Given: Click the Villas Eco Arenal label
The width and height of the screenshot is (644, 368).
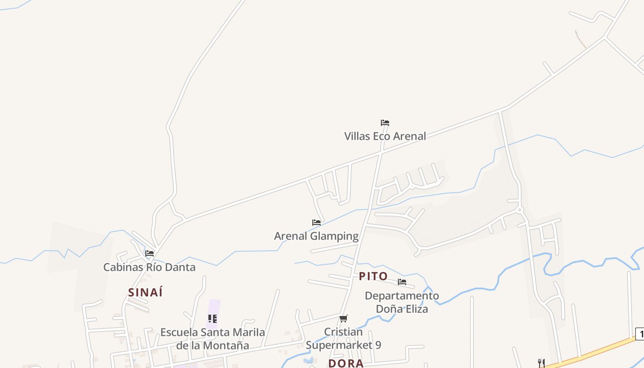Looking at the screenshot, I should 385,136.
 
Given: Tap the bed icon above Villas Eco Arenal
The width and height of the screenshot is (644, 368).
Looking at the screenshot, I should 385,123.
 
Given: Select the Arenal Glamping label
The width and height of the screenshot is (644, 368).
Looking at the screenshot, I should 316,236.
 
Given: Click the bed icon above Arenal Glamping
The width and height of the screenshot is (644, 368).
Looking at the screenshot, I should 316,223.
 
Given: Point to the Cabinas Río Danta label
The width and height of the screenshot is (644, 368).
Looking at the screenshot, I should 149,267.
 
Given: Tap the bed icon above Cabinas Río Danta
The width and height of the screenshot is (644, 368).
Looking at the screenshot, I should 149,253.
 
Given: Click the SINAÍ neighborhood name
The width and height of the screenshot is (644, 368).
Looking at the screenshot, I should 145,293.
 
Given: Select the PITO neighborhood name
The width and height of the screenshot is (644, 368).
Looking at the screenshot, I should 373,276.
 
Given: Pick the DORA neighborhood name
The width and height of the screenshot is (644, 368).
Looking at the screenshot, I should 346,363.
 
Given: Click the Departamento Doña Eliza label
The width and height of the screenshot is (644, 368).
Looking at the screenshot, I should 402,302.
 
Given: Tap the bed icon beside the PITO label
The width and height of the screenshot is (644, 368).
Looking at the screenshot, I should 402,282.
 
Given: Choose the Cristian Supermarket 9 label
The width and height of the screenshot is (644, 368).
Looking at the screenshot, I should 344,338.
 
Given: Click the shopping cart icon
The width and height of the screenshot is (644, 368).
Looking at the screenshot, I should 344,318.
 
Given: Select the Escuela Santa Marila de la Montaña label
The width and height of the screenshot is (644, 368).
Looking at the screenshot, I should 213,339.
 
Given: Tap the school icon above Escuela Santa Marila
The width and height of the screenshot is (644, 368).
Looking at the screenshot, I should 213,318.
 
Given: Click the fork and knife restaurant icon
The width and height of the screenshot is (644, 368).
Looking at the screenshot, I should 541,363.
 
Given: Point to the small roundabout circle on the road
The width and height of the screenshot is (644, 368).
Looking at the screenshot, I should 520,210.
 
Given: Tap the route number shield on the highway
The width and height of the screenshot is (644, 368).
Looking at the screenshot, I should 640,334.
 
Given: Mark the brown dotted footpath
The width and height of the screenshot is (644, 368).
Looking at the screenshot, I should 581,40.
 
